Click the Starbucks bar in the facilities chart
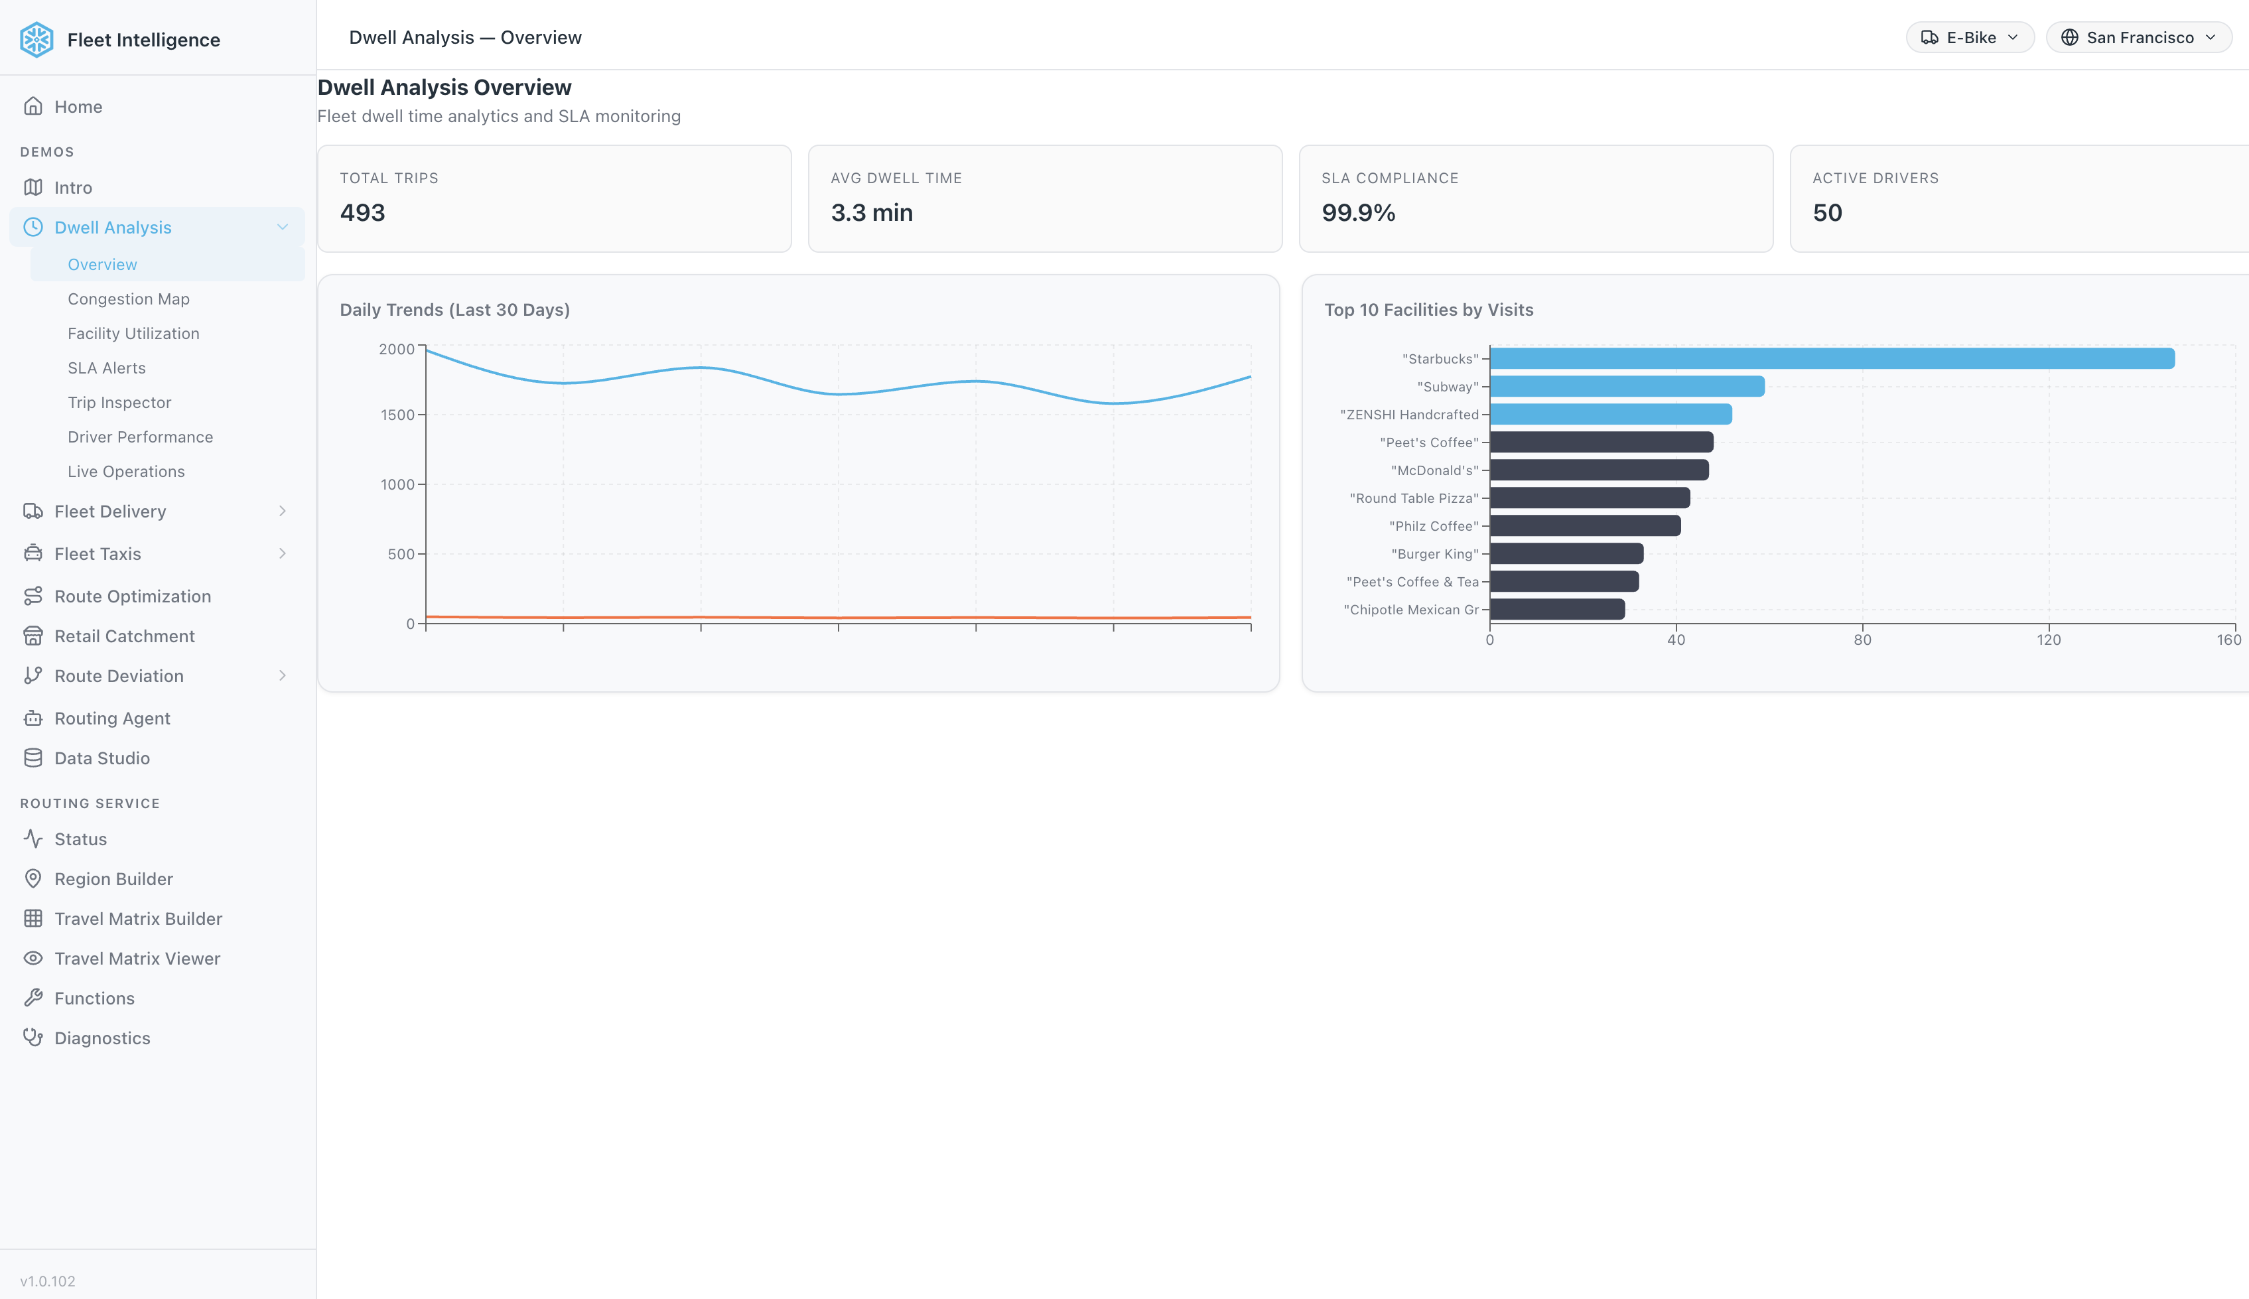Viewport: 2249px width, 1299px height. (1832, 359)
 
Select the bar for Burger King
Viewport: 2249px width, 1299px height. (1566, 554)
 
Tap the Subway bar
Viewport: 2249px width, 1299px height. (1626, 386)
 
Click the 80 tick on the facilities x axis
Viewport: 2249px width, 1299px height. (1862, 640)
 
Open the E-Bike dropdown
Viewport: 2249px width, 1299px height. (1970, 37)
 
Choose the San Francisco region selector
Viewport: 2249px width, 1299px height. (2138, 37)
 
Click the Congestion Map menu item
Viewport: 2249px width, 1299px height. (129, 299)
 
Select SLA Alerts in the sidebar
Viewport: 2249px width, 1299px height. (106, 368)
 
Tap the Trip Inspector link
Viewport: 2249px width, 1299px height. (119, 402)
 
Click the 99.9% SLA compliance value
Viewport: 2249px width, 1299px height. (1358, 213)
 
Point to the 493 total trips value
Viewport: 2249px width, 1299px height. (362, 213)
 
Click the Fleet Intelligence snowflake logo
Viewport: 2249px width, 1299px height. (36, 39)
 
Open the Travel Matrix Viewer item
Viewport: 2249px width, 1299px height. (137, 958)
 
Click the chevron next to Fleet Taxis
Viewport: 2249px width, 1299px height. (282, 554)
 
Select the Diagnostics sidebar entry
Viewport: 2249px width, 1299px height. (102, 1038)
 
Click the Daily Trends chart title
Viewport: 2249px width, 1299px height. (454, 310)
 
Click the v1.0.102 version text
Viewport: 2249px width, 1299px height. (47, 1281)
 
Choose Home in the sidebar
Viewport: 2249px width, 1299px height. (78, 107)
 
